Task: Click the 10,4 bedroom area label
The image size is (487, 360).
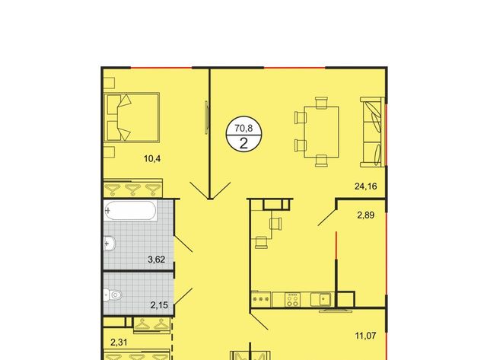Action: coord(152,159)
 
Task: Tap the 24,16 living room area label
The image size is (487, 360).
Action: coord(365,186)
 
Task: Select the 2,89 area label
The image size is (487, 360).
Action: coord(365,215)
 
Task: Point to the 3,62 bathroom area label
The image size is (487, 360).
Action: coord(156,259)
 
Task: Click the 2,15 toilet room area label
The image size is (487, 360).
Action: coord(159,305)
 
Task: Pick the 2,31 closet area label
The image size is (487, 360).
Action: coord(119,342)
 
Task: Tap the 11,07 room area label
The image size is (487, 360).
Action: coord(365,336)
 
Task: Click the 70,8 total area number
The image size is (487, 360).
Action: coord(243,128)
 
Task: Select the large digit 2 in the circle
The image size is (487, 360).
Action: coord(243,144)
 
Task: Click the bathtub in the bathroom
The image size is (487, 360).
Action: coord(130,211)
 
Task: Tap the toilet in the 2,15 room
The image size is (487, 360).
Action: coord(113,295)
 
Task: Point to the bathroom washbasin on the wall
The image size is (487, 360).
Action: coord(110,244)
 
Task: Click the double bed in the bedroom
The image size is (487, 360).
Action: coord(132,117)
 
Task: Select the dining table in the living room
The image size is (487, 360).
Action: coord(321,132)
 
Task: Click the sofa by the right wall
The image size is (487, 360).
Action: coord(372,132)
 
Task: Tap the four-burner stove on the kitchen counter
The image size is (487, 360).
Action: coord(292,300)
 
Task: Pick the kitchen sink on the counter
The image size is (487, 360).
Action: coord(323,300)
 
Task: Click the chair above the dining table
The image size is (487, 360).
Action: coord(321,103)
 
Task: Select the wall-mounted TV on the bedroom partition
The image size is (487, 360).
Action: coord(206,117)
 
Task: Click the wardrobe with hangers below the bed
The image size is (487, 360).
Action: coord(133,188)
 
